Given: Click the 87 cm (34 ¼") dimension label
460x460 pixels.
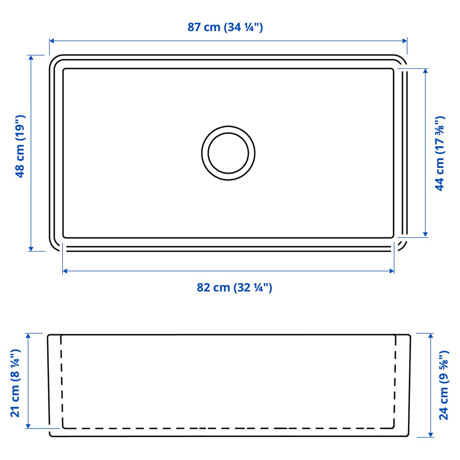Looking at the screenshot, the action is point(225,27).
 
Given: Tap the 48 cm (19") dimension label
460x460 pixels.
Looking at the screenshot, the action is point(20,146).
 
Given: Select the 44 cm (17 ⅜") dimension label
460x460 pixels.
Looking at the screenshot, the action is point(440,153).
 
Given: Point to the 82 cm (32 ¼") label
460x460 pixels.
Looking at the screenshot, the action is point(234,287).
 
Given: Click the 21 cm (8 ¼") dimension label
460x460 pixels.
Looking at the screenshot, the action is point(15,383).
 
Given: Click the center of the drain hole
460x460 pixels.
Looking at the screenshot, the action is point(228,153).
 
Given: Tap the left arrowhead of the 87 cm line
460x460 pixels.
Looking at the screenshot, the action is point(52,41).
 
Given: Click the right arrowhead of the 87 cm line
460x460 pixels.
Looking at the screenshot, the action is point(404,41).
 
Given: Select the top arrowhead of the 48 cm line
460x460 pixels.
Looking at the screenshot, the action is point(31,57).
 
